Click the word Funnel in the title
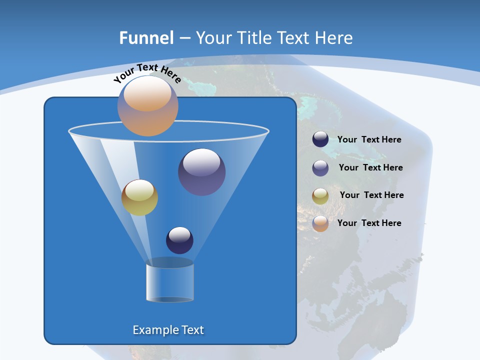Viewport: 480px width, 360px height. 146,38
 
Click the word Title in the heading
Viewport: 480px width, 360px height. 253,38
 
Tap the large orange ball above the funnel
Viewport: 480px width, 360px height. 147,106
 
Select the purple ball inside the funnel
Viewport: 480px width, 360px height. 202,172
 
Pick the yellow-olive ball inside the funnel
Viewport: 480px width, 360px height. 139,197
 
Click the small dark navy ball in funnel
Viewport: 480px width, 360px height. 179,240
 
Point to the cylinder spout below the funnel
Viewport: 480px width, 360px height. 169,282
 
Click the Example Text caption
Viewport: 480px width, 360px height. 168,330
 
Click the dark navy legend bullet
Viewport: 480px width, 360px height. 320,139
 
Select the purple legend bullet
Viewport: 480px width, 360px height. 320,168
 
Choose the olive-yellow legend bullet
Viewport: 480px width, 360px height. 320,196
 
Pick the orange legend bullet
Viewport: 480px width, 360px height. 320,223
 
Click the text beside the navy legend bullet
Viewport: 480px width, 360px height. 369,140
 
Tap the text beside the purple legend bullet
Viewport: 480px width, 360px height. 370,168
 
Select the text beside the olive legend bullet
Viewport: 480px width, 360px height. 371,195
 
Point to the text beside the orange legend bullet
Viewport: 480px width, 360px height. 369,223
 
